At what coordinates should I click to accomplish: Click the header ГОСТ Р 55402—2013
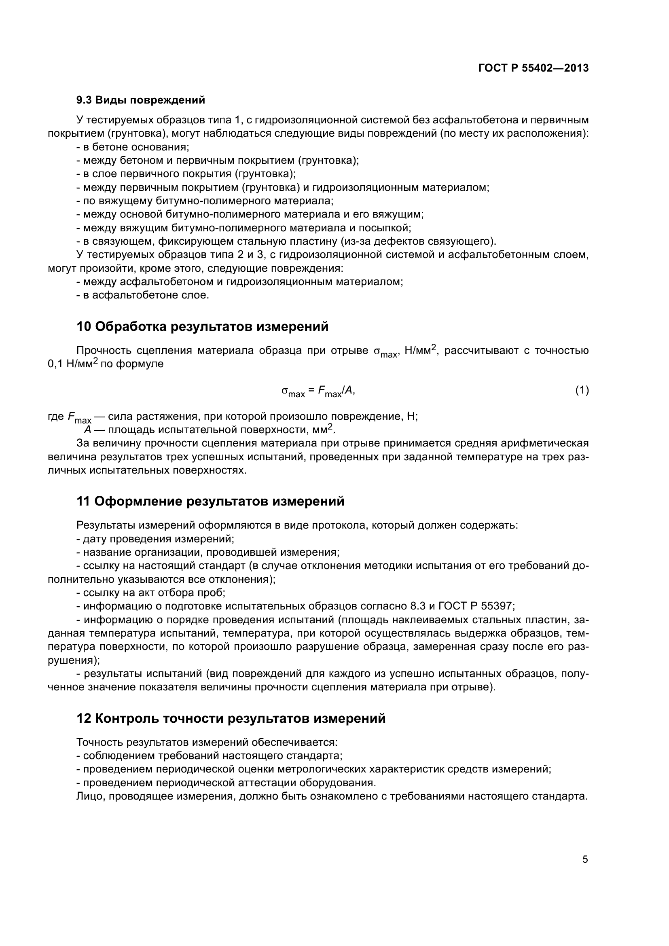click(534, 68)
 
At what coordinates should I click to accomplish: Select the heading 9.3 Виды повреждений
click(140, 100)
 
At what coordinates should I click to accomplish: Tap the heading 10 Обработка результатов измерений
click(202, 326)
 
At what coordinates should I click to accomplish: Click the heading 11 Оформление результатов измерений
click(210, 501)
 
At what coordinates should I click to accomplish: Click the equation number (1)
click(582, 390)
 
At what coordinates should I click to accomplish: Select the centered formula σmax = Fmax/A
click(318, 391)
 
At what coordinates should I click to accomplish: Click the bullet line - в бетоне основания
click(133, 147)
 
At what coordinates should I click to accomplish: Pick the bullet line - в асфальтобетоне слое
click(142, 295)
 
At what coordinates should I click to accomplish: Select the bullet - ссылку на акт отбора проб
click(151, 593)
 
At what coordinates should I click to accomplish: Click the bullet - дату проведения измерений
click(155, 538)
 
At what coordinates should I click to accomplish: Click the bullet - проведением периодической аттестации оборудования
click(226, 783)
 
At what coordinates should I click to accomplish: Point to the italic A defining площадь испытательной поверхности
click(87, 430)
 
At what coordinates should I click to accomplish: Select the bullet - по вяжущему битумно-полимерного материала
click(205, 201)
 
